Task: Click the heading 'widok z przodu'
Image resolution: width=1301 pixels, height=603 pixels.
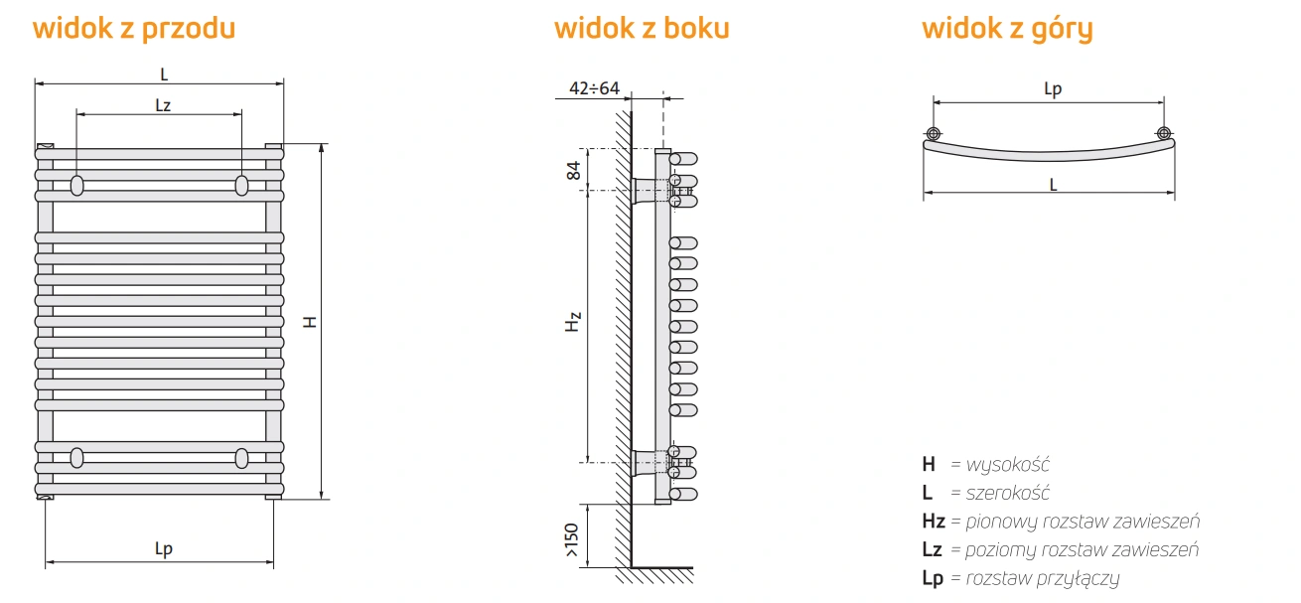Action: pos(134,28)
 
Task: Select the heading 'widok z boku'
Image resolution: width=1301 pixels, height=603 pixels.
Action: pos(642,28)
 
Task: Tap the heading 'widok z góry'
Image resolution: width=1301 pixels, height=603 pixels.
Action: pos(1007,28)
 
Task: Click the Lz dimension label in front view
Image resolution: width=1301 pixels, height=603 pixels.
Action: pos(163,104)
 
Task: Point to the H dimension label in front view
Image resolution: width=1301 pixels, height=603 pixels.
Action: pos(310,322)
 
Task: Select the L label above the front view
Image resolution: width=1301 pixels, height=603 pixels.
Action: pos(163,73)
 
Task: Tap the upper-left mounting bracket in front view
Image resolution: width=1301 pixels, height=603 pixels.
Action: pos(77,186)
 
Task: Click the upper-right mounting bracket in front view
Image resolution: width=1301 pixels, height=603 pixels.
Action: pos(241,186)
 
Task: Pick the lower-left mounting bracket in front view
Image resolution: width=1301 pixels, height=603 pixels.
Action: pos(77,457)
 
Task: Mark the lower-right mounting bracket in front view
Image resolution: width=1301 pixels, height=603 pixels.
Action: pos(241,457)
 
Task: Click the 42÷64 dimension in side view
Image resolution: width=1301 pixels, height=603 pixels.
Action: pos(594,88)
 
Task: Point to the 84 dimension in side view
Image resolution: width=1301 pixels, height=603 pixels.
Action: pos(573,169)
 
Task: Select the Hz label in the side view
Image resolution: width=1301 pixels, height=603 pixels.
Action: pos(573,322)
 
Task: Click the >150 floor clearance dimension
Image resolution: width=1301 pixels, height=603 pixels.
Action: pos(571,536)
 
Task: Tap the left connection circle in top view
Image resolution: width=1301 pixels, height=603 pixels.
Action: pos(934,134)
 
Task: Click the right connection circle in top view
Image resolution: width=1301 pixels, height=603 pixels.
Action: pos(1163,134)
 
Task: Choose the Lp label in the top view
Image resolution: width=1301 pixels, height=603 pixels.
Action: pos(1053,89)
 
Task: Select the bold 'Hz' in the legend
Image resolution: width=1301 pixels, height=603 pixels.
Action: pos(933,521)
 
